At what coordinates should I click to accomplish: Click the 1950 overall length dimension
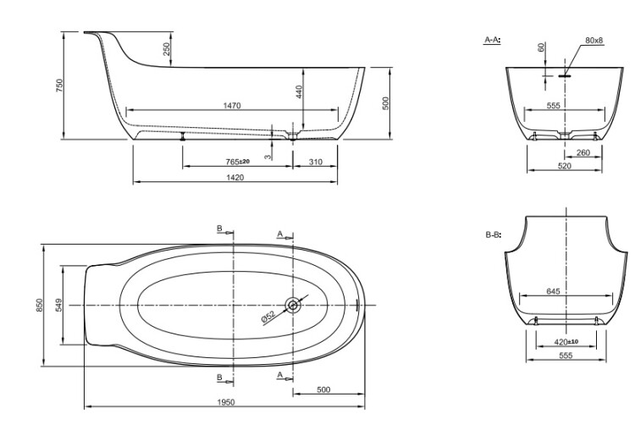coord(226,402)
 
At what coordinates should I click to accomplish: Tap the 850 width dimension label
coord(39,305)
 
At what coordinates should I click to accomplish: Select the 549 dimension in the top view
coord(58,305)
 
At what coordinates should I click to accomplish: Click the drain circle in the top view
coord(293,305)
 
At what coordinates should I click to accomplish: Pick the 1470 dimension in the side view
coord(232,106)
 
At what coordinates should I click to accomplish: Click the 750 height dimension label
coord(59,86)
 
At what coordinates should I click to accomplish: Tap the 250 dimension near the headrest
coord(167,49)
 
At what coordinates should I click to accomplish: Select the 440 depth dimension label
coord(299,92)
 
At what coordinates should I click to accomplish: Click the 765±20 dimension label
coord(238,162)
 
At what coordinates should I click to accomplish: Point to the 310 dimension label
coord(316,162)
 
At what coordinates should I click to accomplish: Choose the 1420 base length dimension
coord(235,177)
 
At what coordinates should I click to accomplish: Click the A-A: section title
coord(493,40)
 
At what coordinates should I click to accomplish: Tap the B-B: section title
coord(494,235)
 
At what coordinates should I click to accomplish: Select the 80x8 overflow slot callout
coord(594,41)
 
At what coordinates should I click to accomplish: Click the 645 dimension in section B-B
coord(553,291)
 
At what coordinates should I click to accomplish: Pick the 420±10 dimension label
coord(566,342)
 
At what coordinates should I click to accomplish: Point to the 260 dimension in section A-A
coord(583,152)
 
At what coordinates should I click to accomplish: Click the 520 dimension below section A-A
coord(565,166)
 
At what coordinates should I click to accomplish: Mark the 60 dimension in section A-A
coord(542,47)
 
